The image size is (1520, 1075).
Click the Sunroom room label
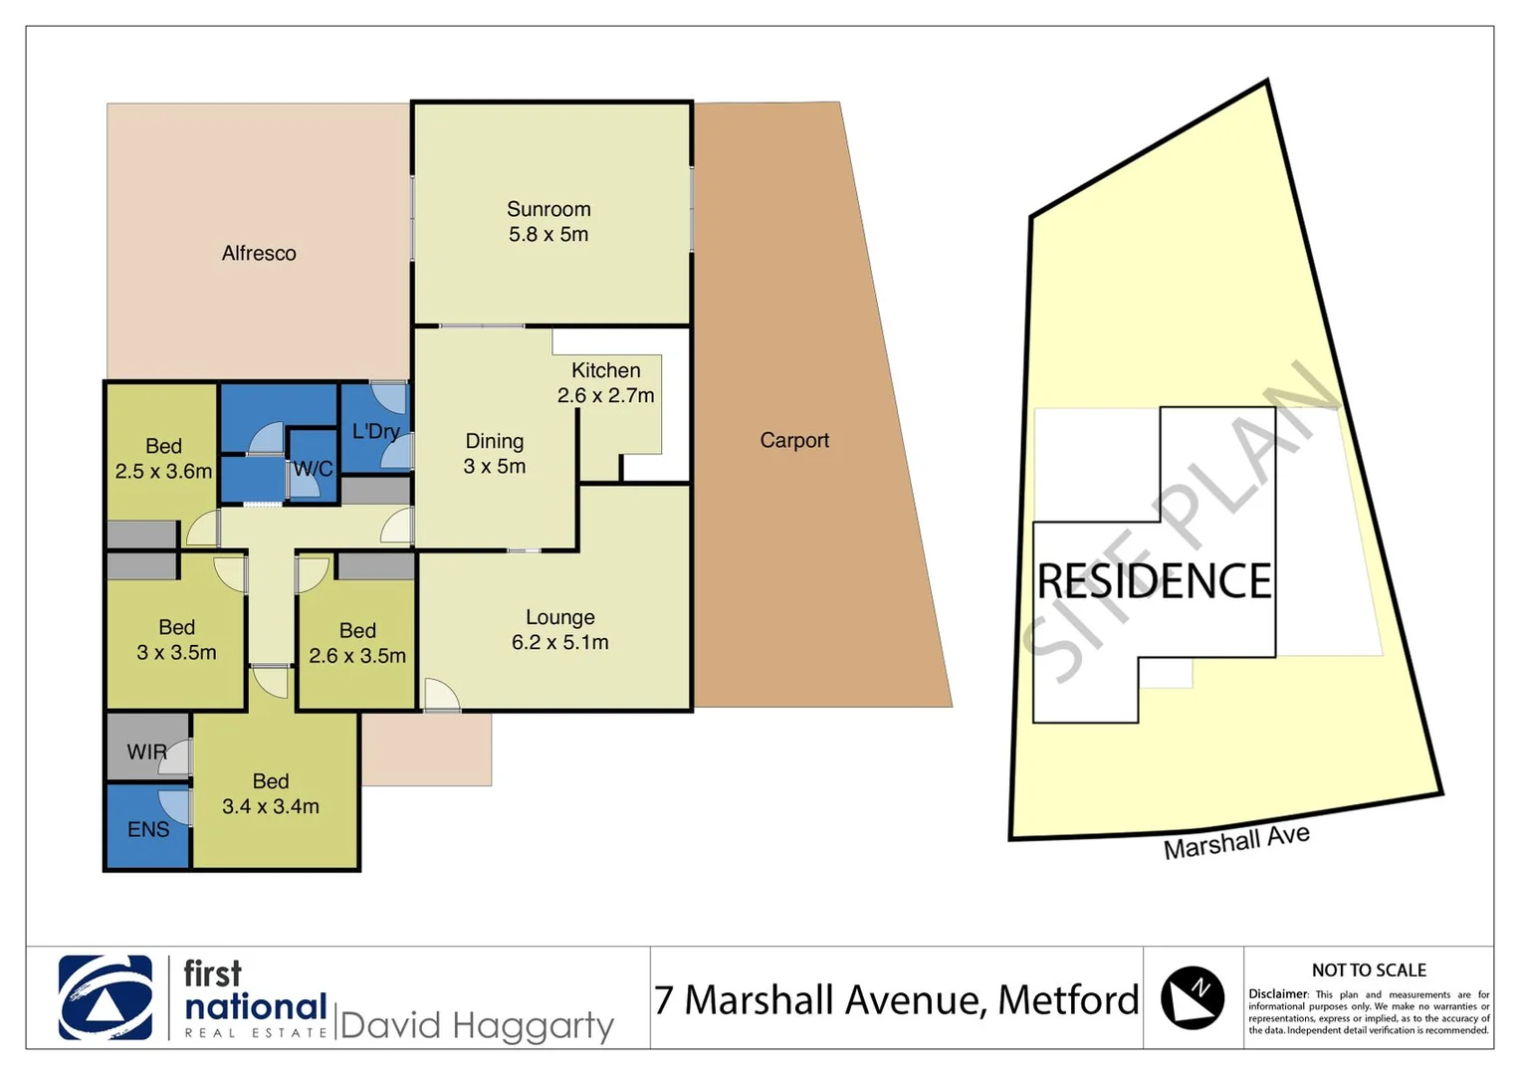[x=548, y=221]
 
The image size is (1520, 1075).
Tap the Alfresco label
[x=259, y=254]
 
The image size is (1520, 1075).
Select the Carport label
[x=793, y=440]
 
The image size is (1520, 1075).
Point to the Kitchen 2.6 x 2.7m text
[x=605, y=382]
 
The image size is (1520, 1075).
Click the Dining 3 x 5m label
[x=495, y=453]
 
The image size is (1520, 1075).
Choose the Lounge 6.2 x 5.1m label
[x=559, y=630]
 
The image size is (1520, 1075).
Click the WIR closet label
[x=146, y=752]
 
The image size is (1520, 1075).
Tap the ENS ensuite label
[x=148, y=829]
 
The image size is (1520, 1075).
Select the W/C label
[x=313, y=468]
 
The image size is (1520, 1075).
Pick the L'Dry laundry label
[x=375, y=431]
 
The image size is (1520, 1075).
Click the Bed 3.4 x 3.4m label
[x=271, y=794]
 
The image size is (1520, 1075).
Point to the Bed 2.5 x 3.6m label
[x=163, y=459]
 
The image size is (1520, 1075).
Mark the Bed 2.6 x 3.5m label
[x=357, y=643]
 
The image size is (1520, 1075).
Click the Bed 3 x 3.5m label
[x=176, y=640]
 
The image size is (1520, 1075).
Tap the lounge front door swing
[x=440, y=695]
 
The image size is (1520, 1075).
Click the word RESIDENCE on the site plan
[x=1154, y=581]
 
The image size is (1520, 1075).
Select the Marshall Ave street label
[x=1236, y=841]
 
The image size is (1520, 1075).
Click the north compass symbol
[x=1193, y=997]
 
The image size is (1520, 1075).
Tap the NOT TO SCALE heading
[x=1369, y=969]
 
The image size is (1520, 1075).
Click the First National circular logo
[x=106, y=997]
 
